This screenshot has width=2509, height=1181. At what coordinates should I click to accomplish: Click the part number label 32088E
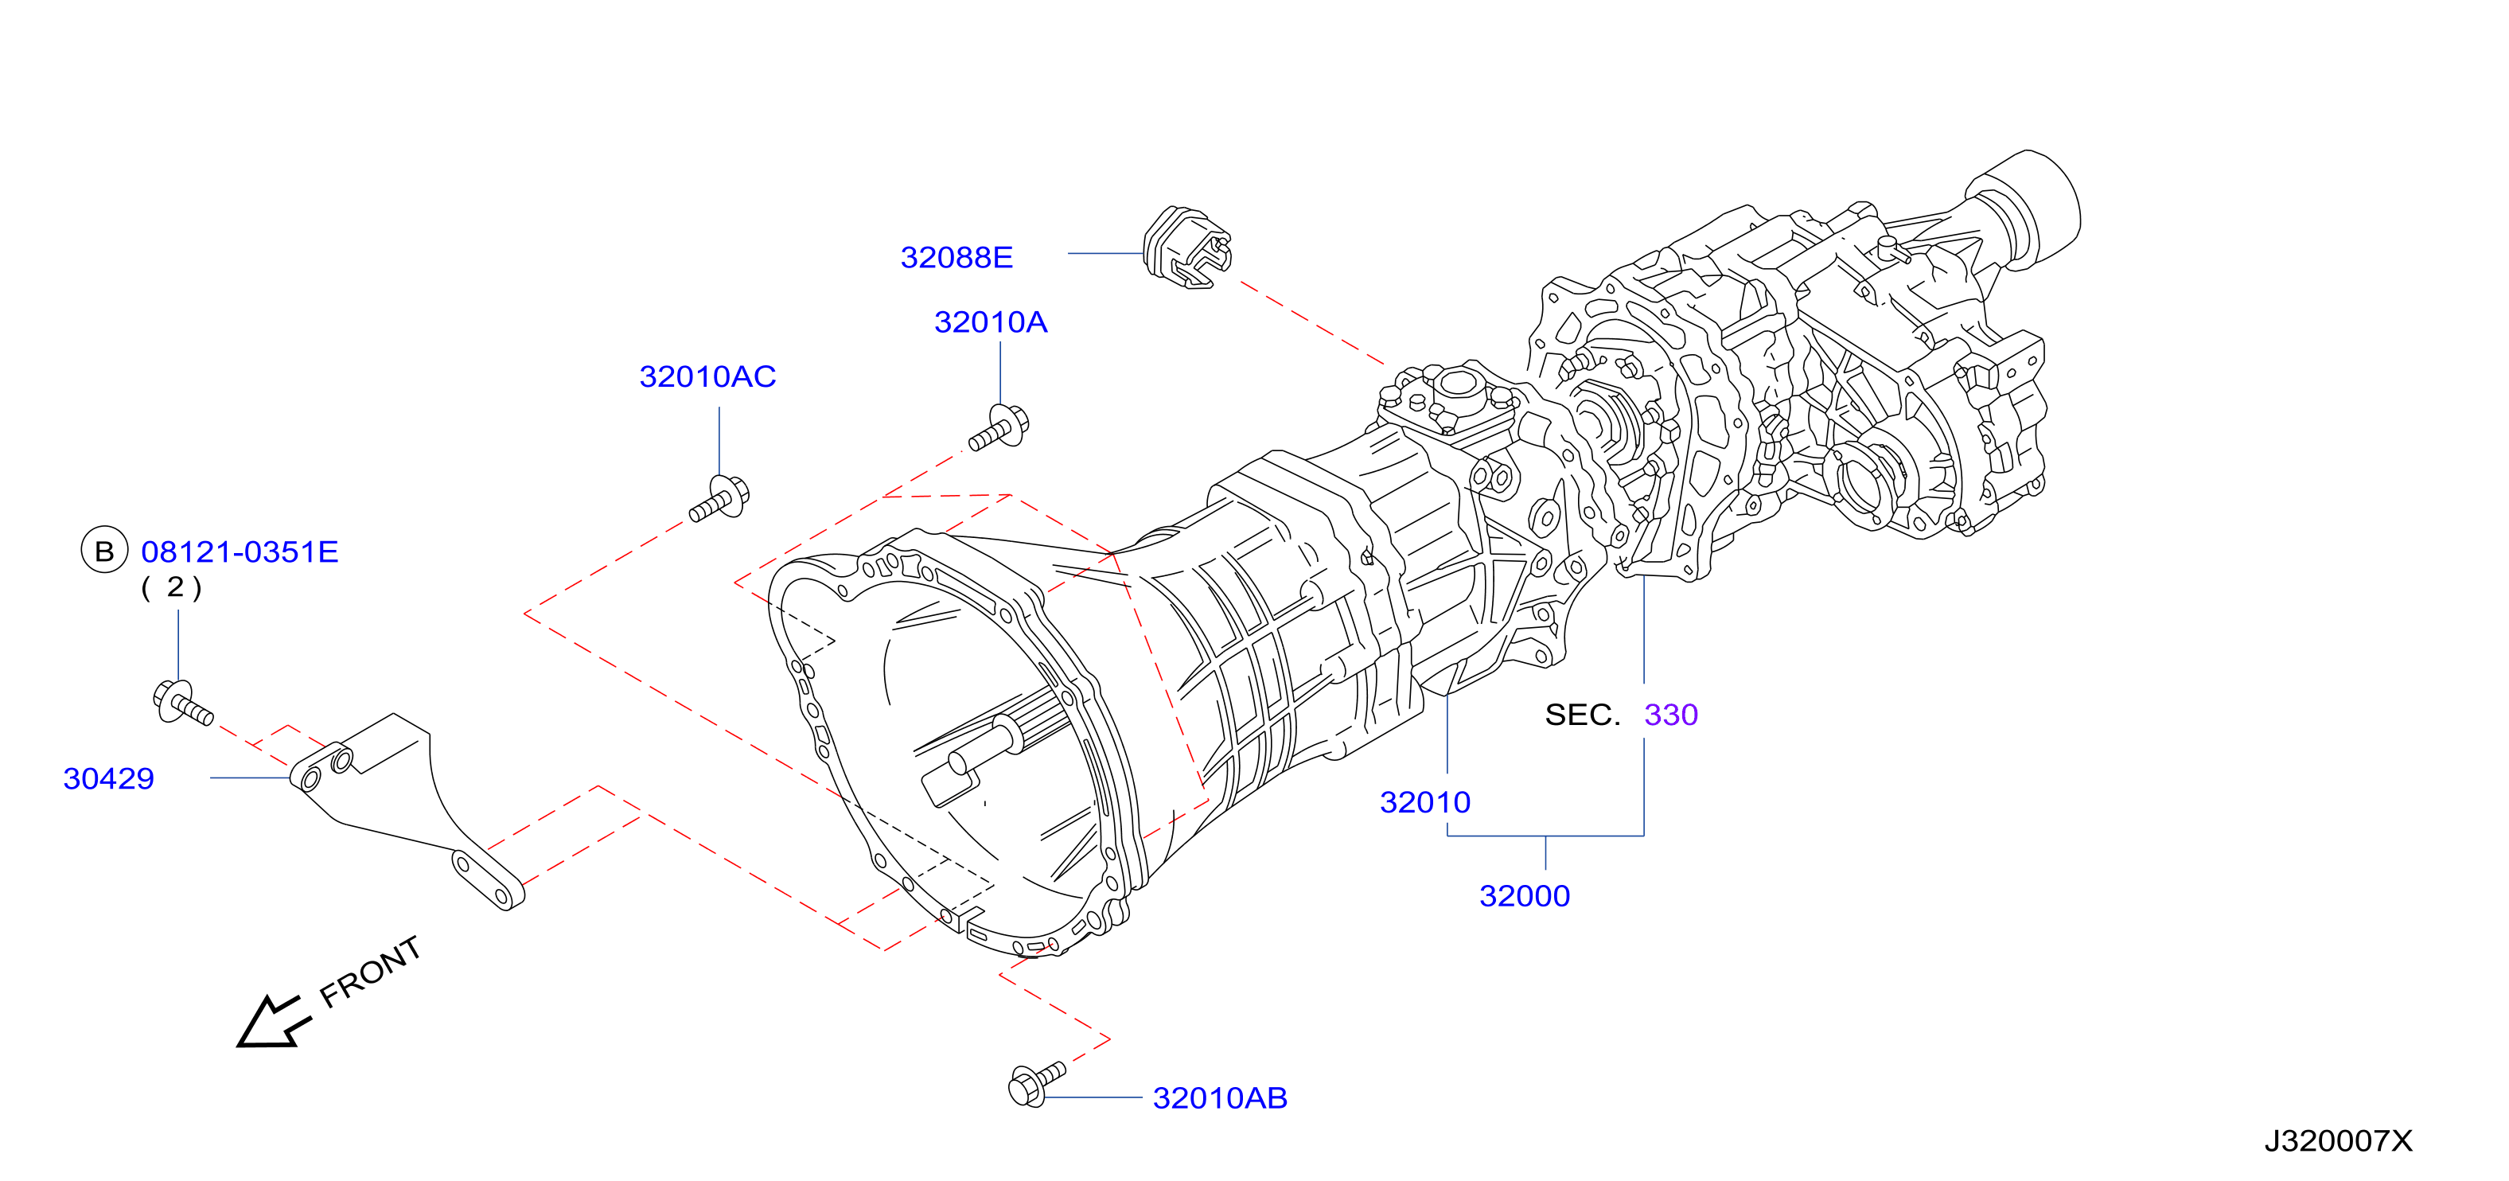point(956,257)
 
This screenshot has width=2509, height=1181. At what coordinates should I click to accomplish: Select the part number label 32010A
point(991,322)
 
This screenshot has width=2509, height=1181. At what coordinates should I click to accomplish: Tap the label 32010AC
point(707,376)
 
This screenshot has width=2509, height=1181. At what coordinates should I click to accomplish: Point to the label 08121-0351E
point(240,552)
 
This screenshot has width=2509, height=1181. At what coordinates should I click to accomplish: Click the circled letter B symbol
point(104,551)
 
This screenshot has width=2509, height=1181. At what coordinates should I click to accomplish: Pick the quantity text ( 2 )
point(171,587)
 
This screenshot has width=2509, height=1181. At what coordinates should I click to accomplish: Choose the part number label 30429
point(109,778)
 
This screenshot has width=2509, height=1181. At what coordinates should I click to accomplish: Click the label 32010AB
point(1219,1098)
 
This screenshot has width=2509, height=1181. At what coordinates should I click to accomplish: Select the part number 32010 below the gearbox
point(1425,802)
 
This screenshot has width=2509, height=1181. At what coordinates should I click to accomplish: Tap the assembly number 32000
point(1525,895)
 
